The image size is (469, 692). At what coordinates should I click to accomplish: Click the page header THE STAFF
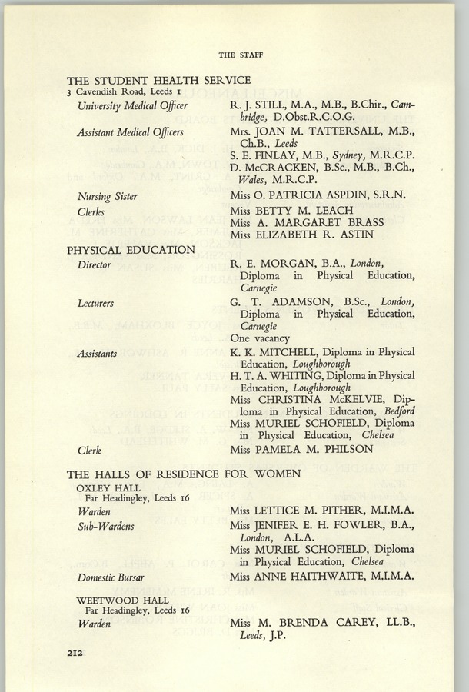click(x=235, y=55)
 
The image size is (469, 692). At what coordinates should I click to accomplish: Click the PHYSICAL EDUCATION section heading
click(x=131, y=249)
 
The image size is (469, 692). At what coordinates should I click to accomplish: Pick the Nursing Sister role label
click(x=107, y=196)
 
